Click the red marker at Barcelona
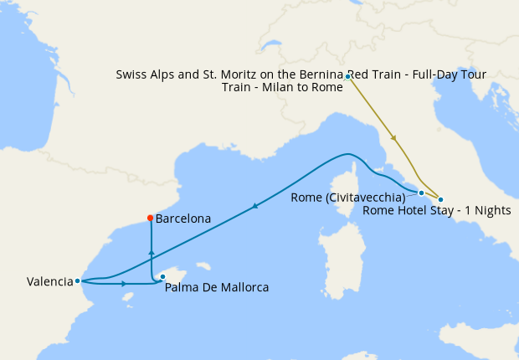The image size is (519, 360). [150, 219]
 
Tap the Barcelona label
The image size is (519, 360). [183, 219]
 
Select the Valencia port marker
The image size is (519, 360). [77, 281]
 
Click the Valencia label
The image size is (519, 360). [49, 282]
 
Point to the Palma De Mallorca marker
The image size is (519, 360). [162, 277]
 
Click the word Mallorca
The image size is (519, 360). [243, 288]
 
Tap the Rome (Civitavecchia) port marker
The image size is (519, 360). [421, 193]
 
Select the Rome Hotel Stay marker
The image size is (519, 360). [441, 199]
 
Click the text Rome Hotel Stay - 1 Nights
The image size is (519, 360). [436, 210]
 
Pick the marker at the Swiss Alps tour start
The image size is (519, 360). [347, 77]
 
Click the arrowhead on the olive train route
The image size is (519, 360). [393, 138]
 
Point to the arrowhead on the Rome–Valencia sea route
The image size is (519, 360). [254, 206]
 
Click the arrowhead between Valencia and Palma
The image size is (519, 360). [124, 284]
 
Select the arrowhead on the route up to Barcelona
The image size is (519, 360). [151, 250]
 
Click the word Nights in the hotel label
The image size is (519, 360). [492, 210]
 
